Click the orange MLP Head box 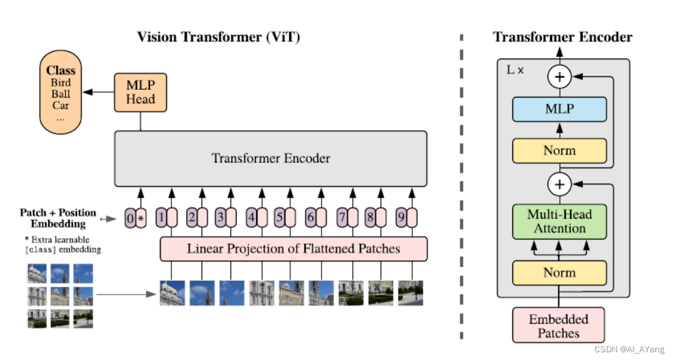140,92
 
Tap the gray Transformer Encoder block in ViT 270,159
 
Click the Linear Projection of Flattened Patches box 293,248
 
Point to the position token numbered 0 130,218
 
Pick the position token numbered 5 279,218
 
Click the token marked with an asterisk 141,218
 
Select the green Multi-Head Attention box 559,221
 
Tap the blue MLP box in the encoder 559,109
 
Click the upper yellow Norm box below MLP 559,151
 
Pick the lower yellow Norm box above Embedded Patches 559,273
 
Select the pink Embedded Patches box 558,325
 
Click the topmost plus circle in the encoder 560,77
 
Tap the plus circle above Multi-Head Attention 560,185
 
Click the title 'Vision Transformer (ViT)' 218,37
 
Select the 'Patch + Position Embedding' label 58,218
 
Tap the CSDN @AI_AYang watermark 629,350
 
